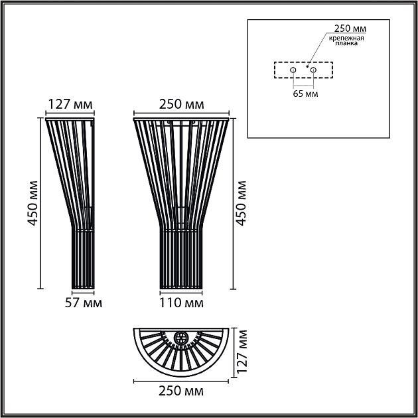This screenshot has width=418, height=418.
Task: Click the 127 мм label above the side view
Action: coord(70,104)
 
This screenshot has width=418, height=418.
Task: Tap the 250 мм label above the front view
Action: coord(181,104)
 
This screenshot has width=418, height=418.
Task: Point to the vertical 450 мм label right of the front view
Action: coord(242,204)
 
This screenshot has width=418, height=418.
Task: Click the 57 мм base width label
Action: coord(83,303)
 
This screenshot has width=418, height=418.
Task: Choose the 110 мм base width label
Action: coord(181,303)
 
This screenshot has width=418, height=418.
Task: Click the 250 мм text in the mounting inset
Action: coord(349,29)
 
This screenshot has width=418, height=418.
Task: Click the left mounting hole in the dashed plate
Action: coord(293,69)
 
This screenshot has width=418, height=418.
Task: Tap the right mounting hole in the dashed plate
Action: coord(313,69)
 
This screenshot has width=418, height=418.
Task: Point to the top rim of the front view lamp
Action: coord(181,118)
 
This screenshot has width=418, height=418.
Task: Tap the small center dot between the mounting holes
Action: coord(307,66)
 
